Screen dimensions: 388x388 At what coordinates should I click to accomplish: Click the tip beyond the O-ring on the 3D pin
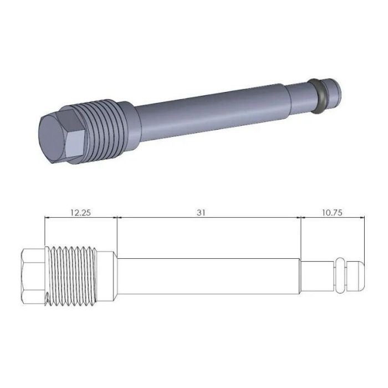point(334,90)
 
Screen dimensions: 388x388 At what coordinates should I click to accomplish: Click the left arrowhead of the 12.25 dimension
point(47,218)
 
